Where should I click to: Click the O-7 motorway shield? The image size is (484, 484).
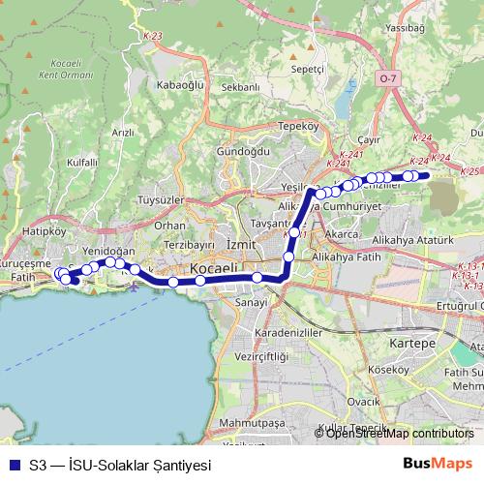[x=387, y=76]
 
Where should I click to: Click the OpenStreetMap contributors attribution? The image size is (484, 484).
[x=400, y=434]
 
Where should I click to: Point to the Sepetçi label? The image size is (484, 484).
[x=307, y=70]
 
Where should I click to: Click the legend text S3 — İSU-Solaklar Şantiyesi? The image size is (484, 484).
[x=120, y=465]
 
